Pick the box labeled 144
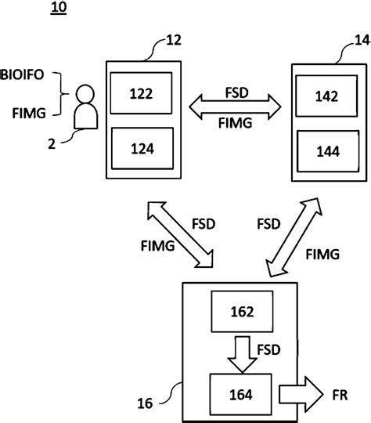[329, 153]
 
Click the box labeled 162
[242, 311]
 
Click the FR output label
[340, 392]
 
